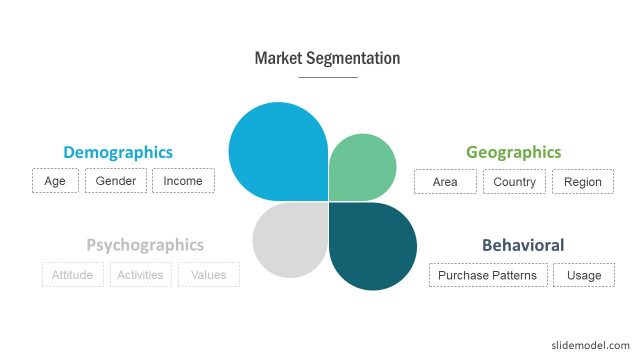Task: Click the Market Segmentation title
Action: pos(327,58)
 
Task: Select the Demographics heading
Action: pos(118,152)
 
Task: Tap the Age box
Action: pos(54,181)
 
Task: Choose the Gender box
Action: pos(116,181)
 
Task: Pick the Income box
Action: pos(183,181)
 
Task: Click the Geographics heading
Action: pos(513,152)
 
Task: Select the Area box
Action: pos(445,182)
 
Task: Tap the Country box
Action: pos(515,182)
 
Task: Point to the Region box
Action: pos(582,182)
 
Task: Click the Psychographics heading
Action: pos(145,244)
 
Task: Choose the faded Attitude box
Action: pos(72,274)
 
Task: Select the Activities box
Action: pos(141,274)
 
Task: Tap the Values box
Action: pos(208,274)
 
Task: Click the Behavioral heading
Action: pos(523,245)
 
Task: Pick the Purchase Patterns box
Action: pos(487,275)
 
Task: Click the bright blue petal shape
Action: pos(279,151)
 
